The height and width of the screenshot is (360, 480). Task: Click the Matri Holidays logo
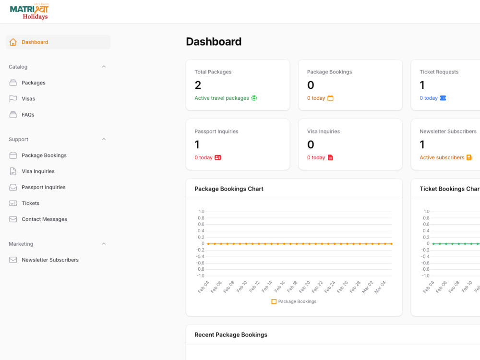29,12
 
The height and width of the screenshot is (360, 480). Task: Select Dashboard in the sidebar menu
35,42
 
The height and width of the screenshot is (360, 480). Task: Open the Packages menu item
34,83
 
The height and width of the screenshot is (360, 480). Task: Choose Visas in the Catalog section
28,98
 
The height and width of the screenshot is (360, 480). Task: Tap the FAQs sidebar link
28,115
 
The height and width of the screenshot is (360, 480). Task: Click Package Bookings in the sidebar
44,155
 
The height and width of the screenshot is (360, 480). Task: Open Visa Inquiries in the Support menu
38,171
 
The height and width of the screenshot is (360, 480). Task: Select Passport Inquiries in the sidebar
44,187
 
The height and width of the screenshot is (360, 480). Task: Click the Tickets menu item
30,203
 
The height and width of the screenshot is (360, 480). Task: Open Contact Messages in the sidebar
44,219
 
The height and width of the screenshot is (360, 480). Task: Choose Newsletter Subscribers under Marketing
50,260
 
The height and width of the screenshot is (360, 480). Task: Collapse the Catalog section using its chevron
104,67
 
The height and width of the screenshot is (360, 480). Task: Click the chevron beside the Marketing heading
104,244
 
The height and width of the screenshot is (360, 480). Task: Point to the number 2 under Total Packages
198,85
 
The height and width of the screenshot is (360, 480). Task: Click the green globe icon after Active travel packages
254,98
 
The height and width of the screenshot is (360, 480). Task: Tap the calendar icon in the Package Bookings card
330,98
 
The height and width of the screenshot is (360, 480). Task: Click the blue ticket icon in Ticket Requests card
443,98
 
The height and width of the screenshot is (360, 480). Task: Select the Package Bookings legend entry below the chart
294,301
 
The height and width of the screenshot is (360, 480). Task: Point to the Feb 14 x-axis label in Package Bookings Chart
266,287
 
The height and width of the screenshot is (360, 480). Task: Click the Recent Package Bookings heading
231,335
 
